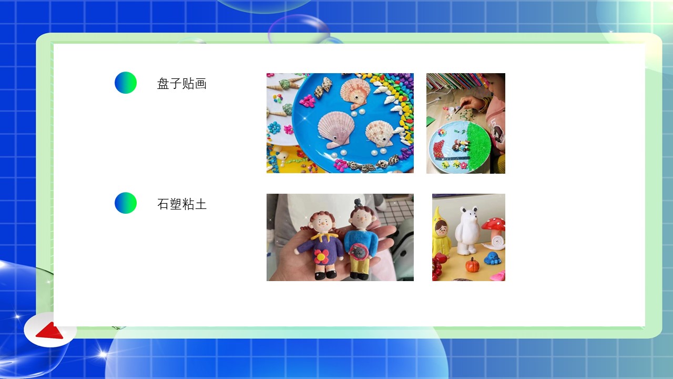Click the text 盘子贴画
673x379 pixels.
pos(182,84)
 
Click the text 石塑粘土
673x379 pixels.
pos(182,204)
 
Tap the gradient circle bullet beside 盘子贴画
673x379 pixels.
pos(126,83)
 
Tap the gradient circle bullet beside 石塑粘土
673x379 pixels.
pos(126,203)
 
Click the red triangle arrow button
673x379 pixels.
pos(50,331)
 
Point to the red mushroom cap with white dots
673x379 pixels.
pos(494,224)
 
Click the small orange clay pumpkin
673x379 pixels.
pos(473,265)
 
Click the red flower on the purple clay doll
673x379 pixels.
pos(321,256)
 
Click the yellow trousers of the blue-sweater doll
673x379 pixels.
pos(361,265)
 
